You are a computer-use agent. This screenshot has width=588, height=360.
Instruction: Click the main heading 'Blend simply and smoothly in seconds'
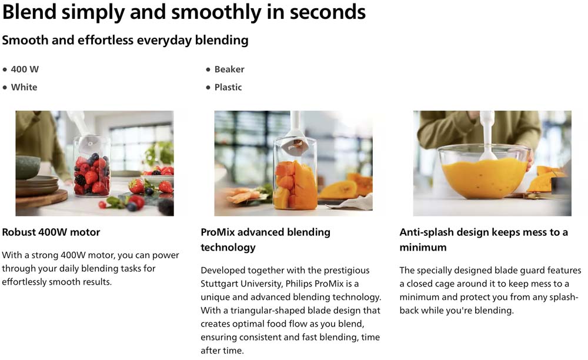tap(183, 12)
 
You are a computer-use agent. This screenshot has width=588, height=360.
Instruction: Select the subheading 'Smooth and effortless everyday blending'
tap(125, 40)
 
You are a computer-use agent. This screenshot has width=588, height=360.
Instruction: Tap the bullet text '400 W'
tap(25, 69)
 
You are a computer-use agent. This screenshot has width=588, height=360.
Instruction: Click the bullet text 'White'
tap(24, 88)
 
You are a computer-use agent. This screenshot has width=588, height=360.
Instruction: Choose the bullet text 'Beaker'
tap(229, 69)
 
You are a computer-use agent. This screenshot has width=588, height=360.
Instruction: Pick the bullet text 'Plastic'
tap(228, 88)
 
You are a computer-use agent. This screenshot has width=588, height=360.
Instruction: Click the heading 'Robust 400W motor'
tap(51, 232)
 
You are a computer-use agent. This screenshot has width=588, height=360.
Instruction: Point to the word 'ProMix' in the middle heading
tap(218, 232)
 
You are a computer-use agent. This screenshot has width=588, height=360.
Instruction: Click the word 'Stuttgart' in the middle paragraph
tap(219, 284)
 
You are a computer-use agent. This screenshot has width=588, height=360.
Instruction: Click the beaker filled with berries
tap(92, 166)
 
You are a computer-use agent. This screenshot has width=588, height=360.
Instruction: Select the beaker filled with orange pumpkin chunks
tap(295, 174)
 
